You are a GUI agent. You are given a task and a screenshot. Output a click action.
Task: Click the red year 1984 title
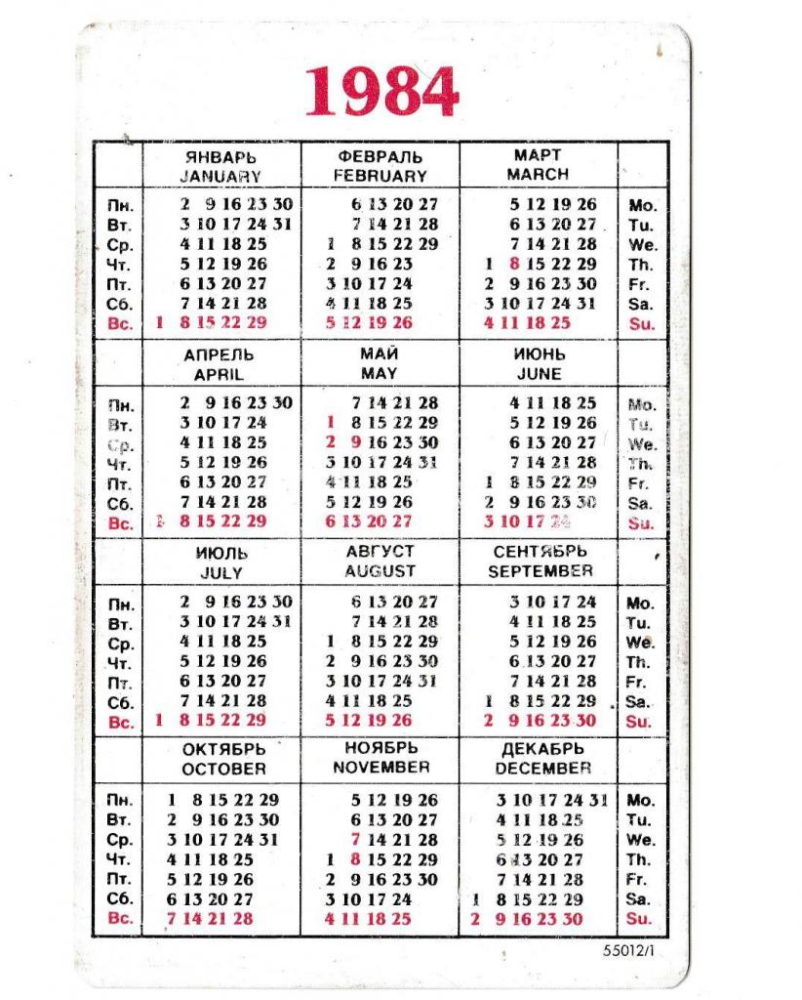381,92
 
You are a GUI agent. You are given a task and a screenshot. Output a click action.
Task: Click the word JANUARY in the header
221,177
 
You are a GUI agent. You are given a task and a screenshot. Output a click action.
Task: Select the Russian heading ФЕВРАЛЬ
380,156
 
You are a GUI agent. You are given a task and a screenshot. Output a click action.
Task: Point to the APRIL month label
219,375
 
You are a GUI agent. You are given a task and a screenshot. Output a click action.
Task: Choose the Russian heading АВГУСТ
380,552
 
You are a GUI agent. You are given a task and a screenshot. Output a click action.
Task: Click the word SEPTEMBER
540,571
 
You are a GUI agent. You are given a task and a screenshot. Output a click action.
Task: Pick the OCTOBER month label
222,769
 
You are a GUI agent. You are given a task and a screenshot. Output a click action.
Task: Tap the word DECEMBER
541,769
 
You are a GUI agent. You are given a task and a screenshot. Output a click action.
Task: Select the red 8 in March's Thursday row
513,264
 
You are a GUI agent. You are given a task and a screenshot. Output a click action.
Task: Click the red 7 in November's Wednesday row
356,840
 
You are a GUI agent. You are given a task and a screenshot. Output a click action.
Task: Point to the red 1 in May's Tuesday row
331,423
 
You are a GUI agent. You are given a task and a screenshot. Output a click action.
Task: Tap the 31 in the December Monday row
598,800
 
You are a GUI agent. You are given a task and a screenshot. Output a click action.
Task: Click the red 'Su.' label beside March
641,323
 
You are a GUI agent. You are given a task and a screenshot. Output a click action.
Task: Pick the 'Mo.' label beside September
640,603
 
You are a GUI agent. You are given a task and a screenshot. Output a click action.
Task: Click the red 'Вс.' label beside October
121,919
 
